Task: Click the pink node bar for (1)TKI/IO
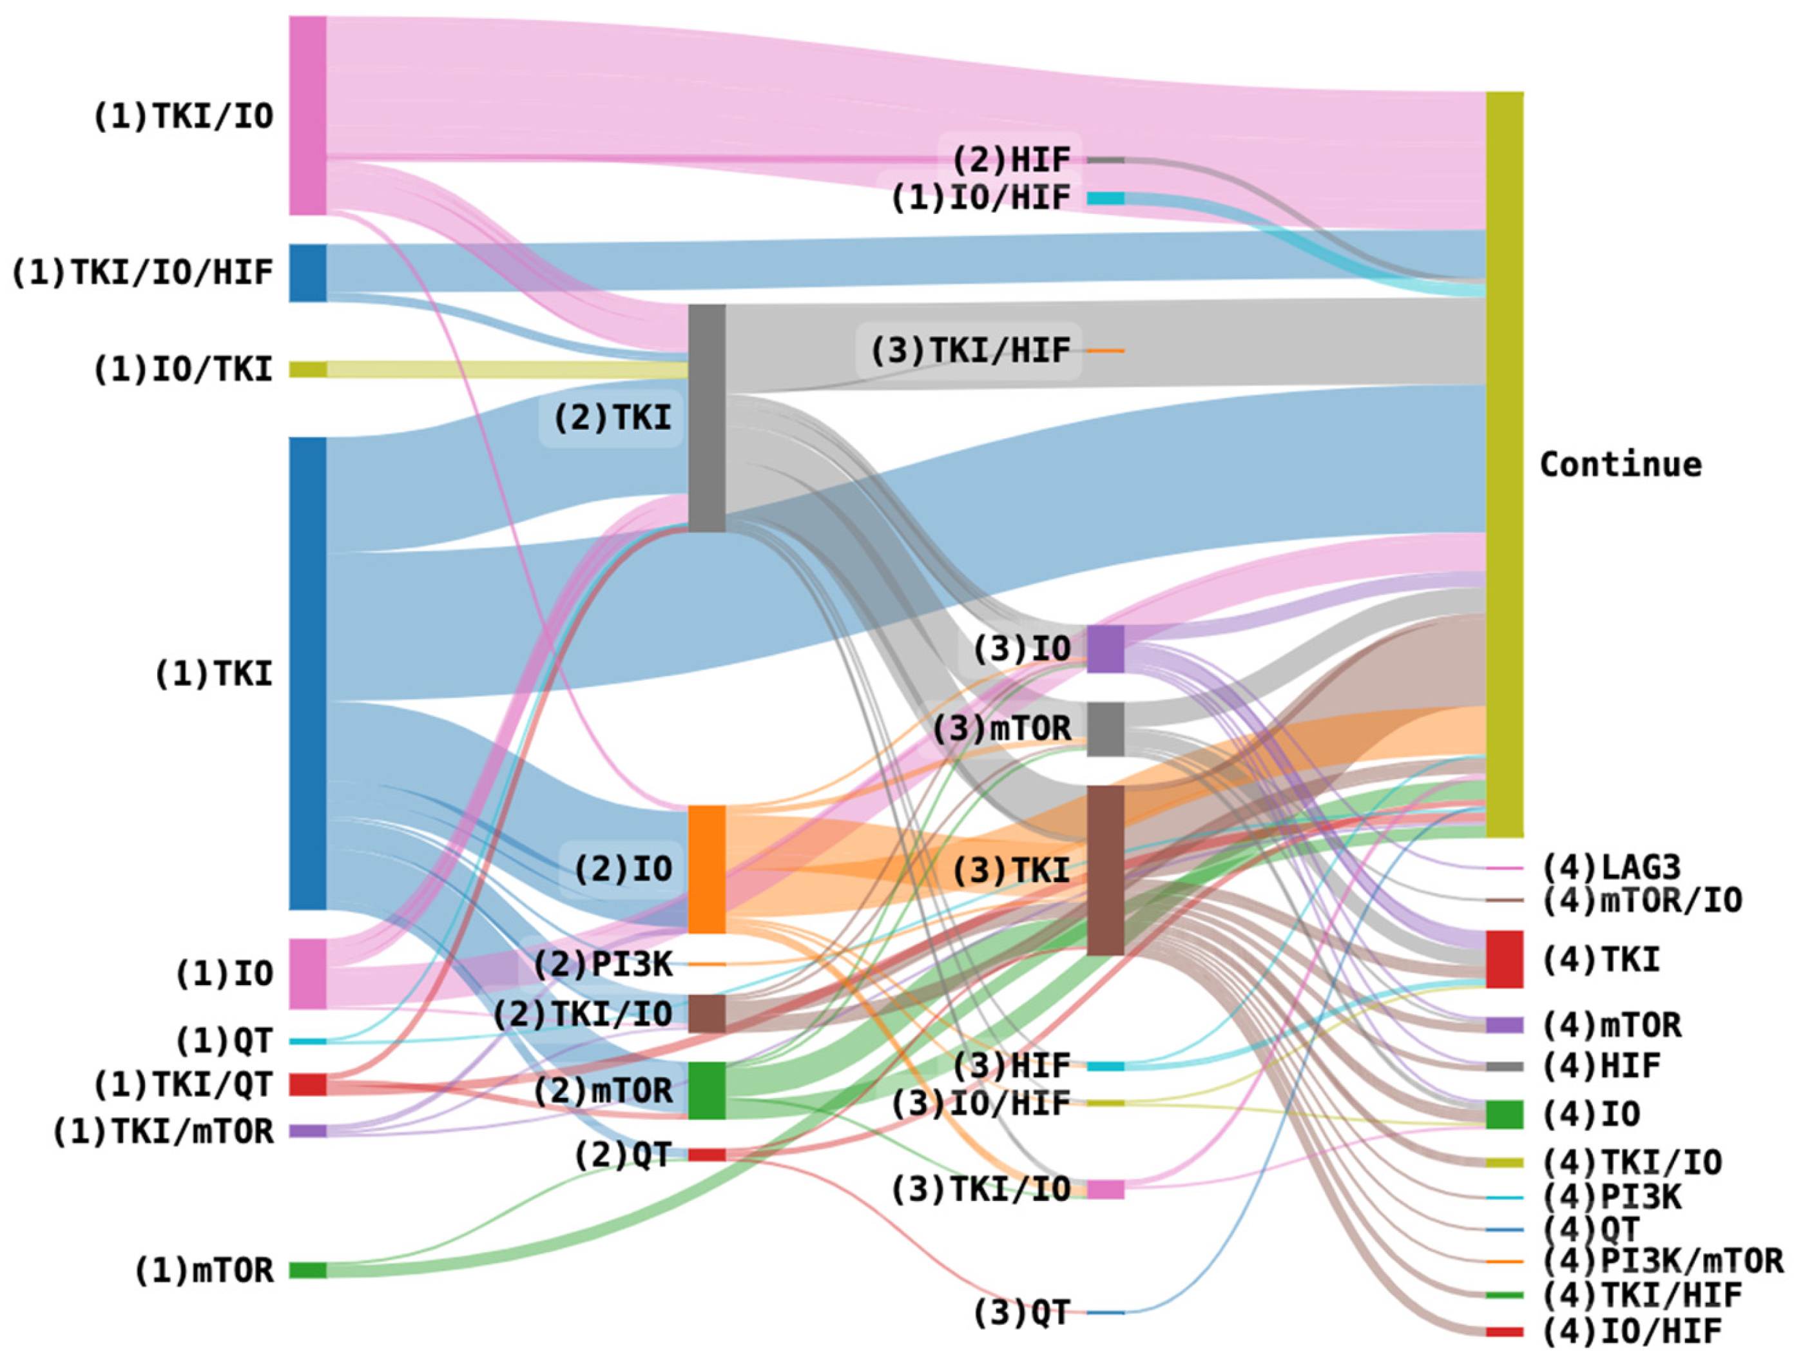click(308, 115)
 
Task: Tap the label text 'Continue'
click(1620, 465)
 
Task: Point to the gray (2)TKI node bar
click(707, 418)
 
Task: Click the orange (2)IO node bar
click(707, 869)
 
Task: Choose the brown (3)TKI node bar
click(1105, 870)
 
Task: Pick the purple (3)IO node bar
click(1105, 649)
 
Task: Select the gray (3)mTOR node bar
click(1105, 729)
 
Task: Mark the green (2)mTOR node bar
click(707, 1090)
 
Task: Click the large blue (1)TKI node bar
click(308, 673)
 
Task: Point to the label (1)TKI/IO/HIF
click(142, 273)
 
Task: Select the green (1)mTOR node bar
click(308, 1270)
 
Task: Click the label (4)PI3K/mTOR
click(1663, 1261)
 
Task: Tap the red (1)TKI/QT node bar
click(308, 1084)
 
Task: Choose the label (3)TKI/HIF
click(970, 351)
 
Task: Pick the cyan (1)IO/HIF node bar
click(1105, 198)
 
